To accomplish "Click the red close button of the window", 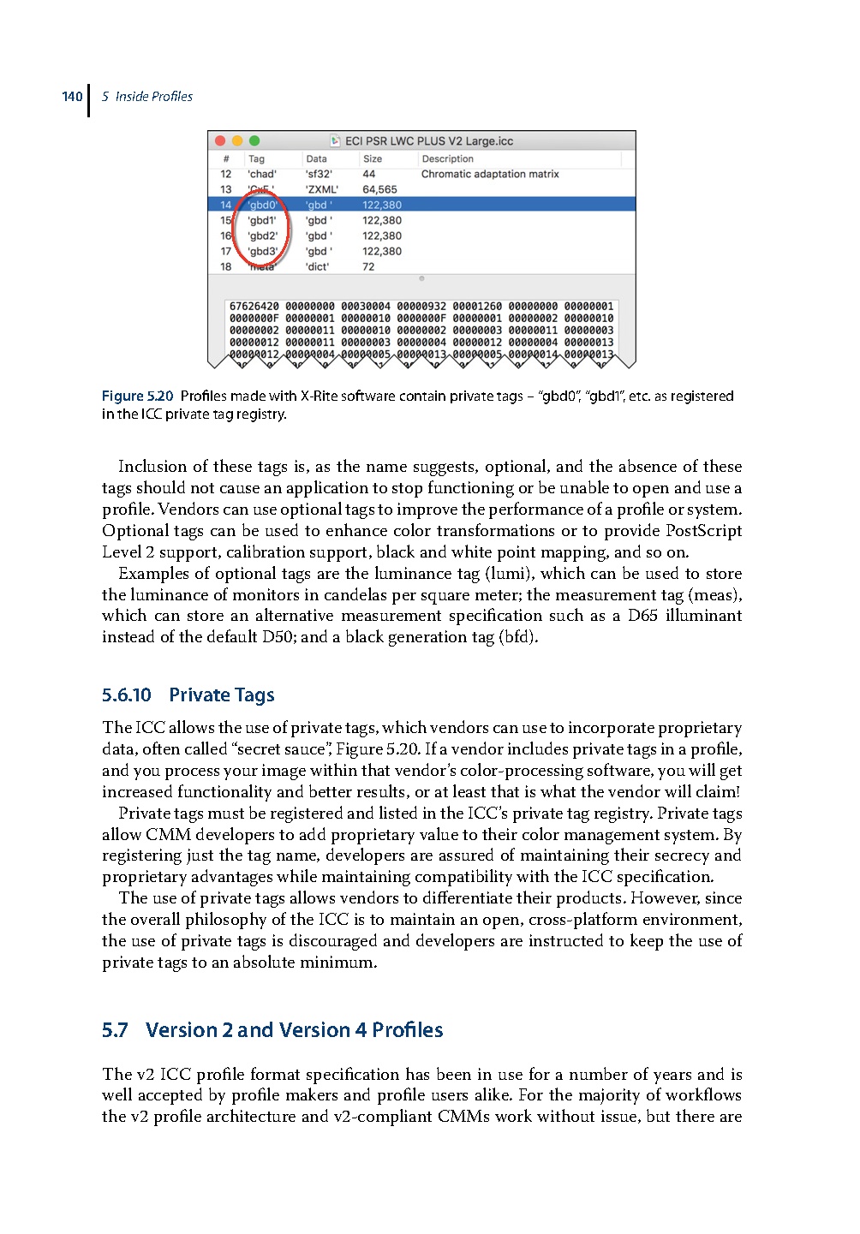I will [x=220, y=141].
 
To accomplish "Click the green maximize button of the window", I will [x=254, y=141].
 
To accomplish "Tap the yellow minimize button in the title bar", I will [x=237, y=141].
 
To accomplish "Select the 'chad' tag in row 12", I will [x=262, y=175].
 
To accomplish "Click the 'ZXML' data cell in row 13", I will [x=321, y=190].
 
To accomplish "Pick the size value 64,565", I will [x=379, y=190].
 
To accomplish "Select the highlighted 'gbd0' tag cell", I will [x=262, y=206].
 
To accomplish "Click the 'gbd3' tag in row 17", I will [x=262, y=252].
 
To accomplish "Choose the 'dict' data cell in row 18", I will [x=317, y=267].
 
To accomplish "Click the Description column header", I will [x=447, y=159].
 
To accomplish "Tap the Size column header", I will [x=373, y=159].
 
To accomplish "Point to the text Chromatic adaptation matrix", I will [x=490, y=175].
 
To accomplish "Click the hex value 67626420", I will [x=254, y=307].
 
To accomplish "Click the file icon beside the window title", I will [x=336, y=141].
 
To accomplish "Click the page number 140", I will [x=72, y=97].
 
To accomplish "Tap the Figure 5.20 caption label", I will [x=137, y=396].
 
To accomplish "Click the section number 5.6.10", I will [x=127, y=695].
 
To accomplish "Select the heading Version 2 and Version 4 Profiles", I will [x=294, y=1030].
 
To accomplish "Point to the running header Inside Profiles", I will [x=153, y=97].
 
